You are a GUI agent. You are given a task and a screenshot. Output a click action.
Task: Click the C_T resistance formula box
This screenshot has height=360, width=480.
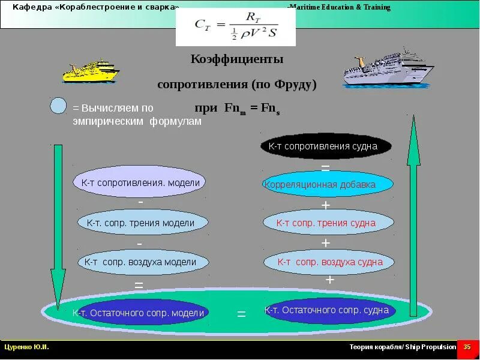tap(235, 27)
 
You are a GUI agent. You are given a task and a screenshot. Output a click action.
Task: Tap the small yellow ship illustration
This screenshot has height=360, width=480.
tap(91, 71)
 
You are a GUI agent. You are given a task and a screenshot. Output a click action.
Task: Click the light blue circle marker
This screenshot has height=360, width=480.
tap(58, 106)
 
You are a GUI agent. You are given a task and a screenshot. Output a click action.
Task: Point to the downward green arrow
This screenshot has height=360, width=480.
tap(58, 222)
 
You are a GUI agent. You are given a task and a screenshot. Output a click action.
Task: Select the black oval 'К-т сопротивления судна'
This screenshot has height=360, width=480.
tap(326, 146)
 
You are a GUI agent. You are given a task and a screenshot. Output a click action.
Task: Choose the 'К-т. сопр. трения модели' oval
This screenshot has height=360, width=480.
tap(143, 223)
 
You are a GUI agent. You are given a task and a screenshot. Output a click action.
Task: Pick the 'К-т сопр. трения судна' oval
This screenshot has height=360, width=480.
tap(328, 223)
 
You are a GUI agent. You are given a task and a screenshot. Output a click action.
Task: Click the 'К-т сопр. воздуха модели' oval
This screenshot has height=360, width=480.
tap(143, 262)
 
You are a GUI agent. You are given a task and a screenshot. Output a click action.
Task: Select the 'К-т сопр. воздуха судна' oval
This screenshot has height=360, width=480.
tap(329, 262)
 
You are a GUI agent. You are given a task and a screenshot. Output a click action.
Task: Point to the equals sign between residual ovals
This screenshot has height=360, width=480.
tap(241, 314)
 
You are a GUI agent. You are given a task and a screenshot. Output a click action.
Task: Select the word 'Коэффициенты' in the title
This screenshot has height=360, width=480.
tap(236, 59)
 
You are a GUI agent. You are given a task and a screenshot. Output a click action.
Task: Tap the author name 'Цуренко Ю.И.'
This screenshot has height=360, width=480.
tap(26, 347)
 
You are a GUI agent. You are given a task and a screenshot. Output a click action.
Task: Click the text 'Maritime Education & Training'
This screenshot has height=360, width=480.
tap(339, 8)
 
